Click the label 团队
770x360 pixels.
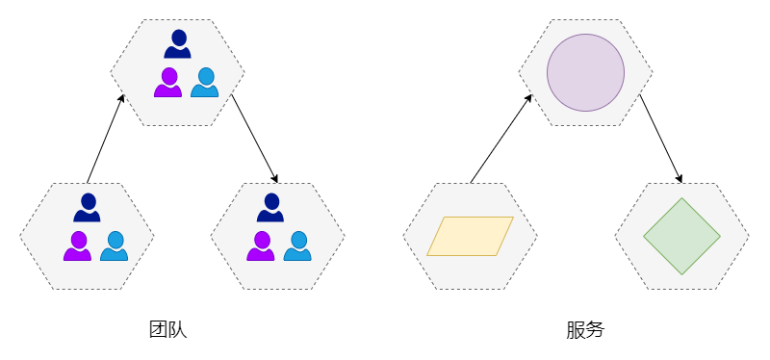167,330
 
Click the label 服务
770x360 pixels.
585,330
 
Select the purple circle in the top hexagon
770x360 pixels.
585,73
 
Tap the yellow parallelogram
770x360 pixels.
470,236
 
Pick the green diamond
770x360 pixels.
681,236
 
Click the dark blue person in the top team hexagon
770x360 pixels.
177,44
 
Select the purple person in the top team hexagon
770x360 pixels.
167,83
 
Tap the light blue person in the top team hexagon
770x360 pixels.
205,83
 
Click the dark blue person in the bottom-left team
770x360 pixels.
87,208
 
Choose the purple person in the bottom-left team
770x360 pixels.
77,246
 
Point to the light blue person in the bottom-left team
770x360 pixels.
114,246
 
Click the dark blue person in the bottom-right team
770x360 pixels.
270,208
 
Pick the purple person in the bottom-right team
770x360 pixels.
260,246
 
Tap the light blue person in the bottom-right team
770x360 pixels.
297,246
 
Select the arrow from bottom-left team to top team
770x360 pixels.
106,139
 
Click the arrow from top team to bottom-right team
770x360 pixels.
255,139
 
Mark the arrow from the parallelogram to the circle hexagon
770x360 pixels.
501,139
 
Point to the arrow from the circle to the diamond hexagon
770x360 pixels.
661,139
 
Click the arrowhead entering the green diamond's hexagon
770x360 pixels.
680,179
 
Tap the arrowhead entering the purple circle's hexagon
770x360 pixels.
529,98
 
